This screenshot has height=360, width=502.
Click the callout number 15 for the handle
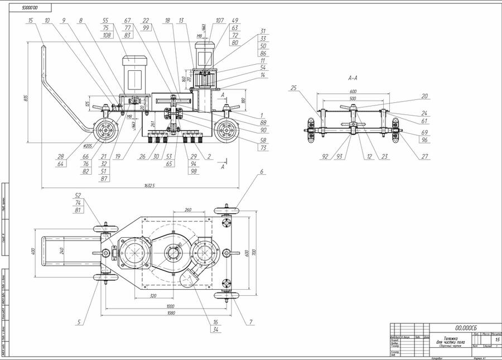click(31, 21)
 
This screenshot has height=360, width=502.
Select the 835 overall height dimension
click(26, 98)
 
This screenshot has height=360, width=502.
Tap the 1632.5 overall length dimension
click(149, 185)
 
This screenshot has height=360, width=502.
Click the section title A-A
click(353, 79)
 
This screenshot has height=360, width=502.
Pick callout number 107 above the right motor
click(219, 21)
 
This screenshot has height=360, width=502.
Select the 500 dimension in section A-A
click(353, 99)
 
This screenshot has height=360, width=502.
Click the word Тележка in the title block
click(451, 337)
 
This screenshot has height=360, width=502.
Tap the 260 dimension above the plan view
click(187, 210)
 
